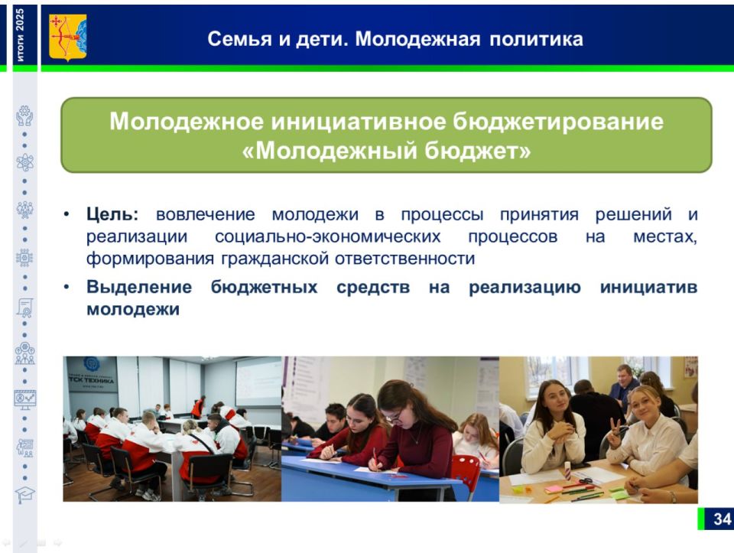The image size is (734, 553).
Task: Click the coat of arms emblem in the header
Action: pos(67,37)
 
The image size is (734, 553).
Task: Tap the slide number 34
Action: pos(722,519)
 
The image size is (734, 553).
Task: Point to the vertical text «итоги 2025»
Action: pos(20,35)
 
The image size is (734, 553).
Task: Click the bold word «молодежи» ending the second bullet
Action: pos(133,310)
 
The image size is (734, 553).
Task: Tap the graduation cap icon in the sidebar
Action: pos(24,494)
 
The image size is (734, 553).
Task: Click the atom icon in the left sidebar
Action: pos(24,162)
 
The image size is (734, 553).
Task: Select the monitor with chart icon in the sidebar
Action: pos(24,399)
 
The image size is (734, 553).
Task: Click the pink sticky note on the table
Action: pos(553,488)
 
